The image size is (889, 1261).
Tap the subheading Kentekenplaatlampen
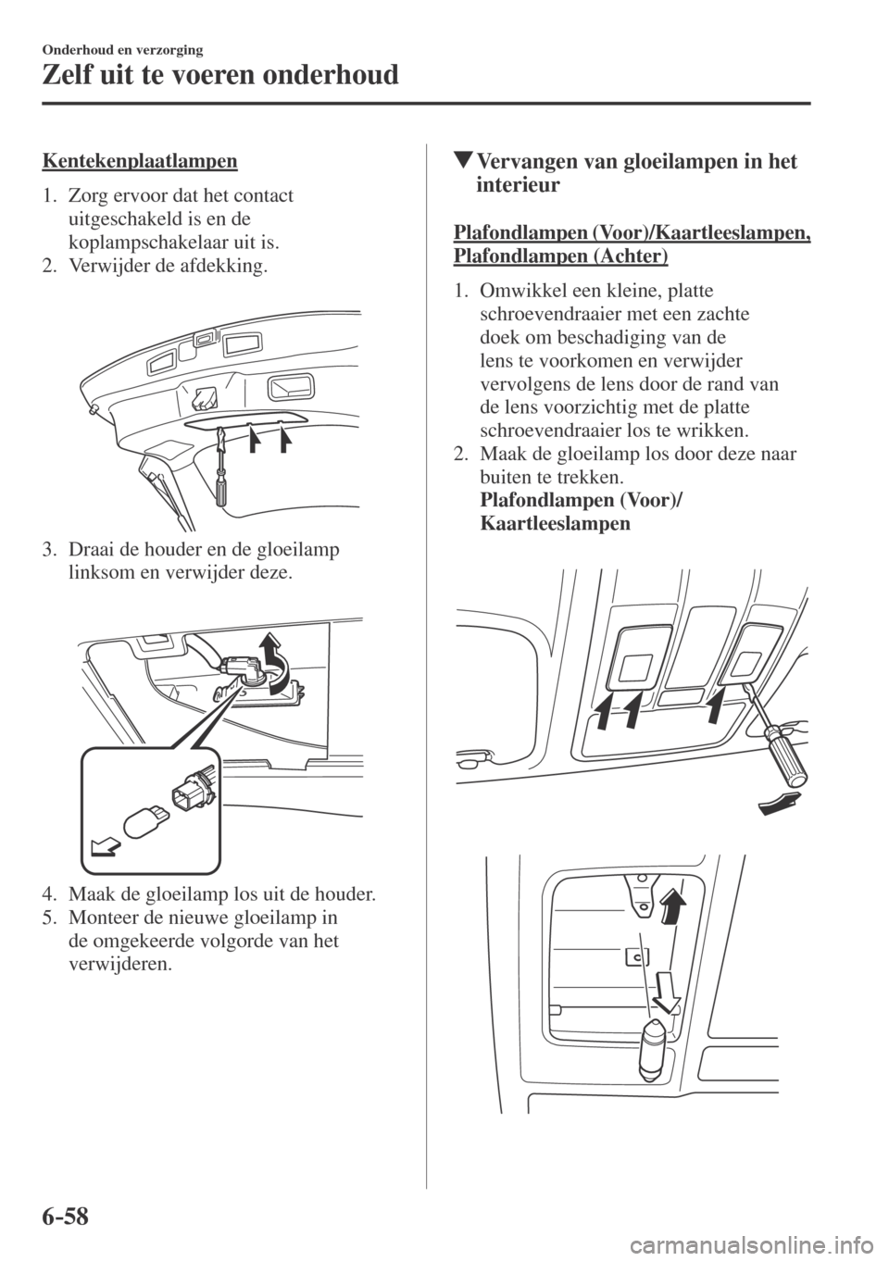point(140,161)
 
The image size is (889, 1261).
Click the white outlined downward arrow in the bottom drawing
point(665,993)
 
